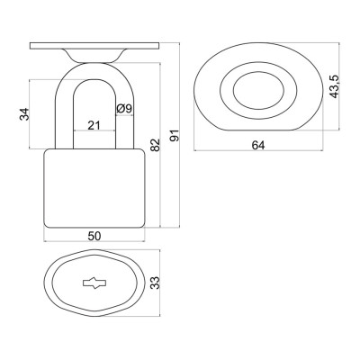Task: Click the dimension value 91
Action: [x=175, y=136]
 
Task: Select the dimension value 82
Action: [x=156, y=145]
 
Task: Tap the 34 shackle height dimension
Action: [x=24, y=114]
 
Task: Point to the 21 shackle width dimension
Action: [x=94, y=125]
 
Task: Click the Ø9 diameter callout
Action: [x=124, y=108]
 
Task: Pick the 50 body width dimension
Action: [x=94, y=236]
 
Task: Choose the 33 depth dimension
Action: [x=155, y=283]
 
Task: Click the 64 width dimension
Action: [x=258, y=145]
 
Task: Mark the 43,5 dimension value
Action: [x=334, y=86]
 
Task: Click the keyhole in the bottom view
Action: [x=94, y=283]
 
